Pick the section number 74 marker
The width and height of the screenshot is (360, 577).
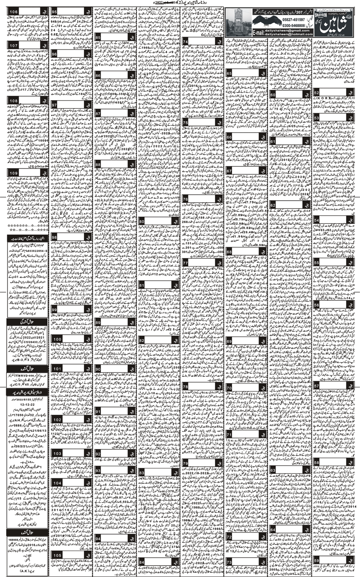186,42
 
